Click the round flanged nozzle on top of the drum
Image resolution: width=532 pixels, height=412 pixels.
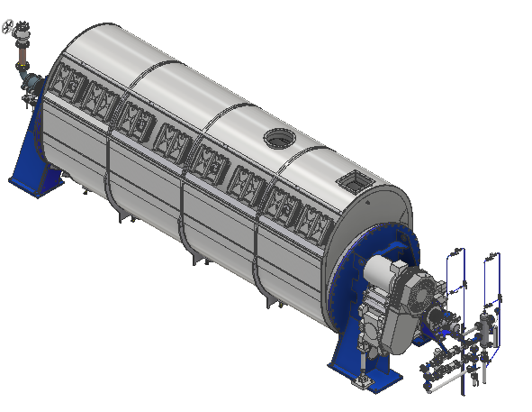[280, 139]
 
